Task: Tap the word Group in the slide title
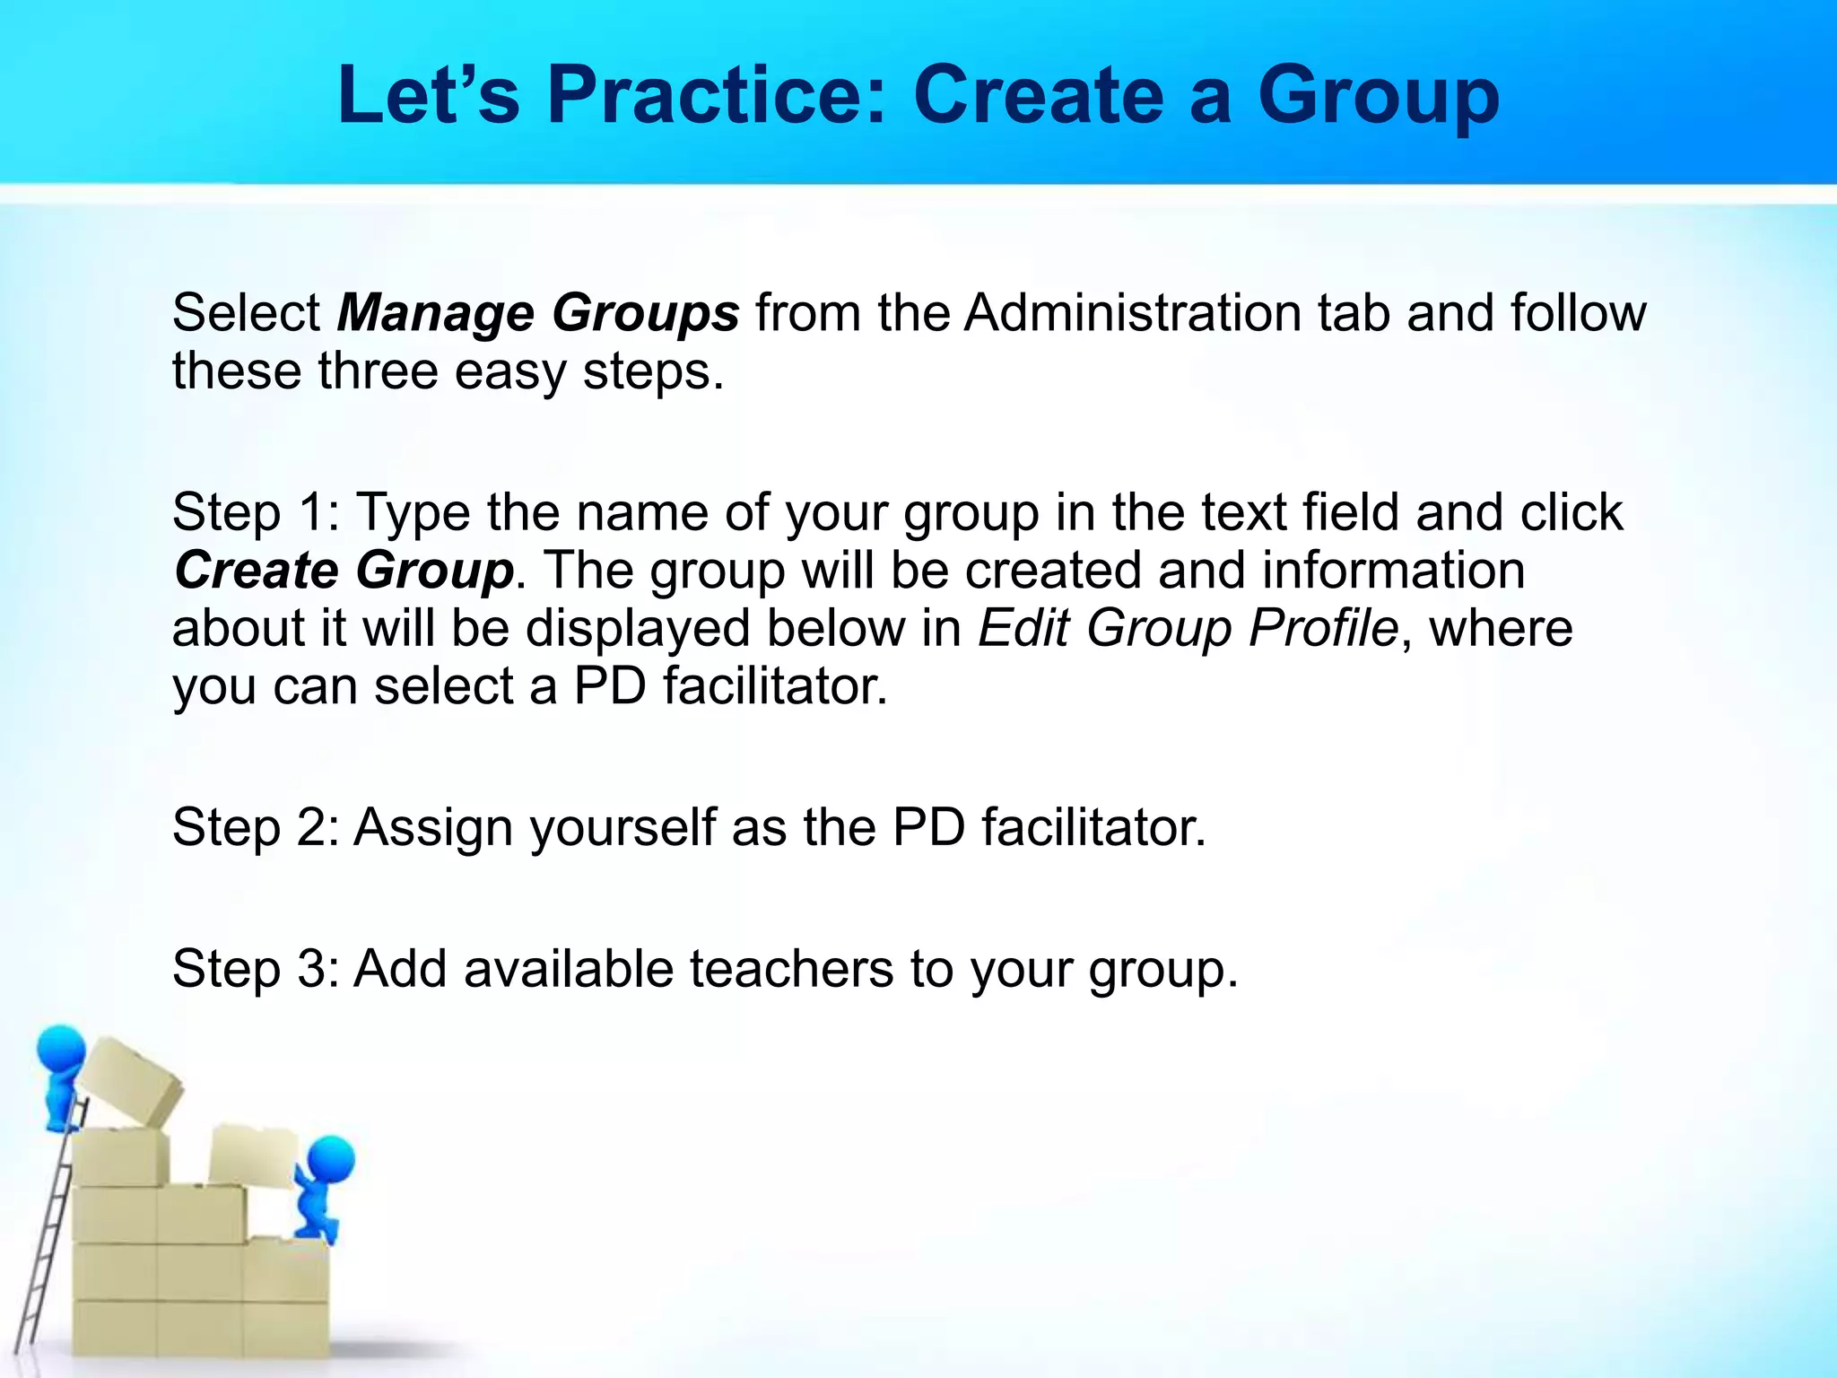[1378, 97]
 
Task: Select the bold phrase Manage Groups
[537, 314]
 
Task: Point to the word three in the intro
[378, 371]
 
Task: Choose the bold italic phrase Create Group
[344, 571]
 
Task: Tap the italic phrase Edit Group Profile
[1188, 628]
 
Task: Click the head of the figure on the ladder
[61, 1048]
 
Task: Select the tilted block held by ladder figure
[130, 1081]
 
